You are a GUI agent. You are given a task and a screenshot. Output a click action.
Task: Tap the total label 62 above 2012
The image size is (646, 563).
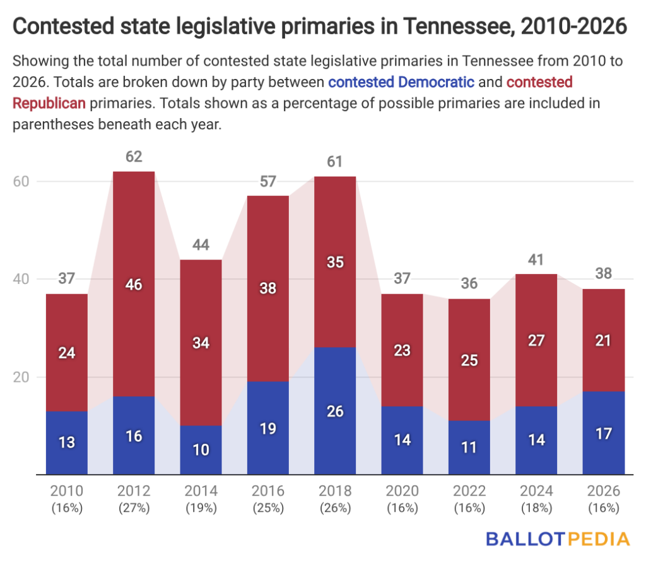pos(134,156)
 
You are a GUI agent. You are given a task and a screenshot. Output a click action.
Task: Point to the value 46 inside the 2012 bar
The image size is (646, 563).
pos(134,285)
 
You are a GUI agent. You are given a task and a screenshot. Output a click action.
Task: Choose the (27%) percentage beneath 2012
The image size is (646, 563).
pos(134,507)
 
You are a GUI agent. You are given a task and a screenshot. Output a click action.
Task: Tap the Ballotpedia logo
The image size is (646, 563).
pos(558,538)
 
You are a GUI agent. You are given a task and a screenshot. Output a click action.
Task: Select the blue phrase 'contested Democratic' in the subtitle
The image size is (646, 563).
pos(401,82)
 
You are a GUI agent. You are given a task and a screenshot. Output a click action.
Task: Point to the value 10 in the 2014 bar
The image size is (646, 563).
pos(201,450)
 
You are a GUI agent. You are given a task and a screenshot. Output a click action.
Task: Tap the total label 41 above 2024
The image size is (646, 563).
pos(536,259)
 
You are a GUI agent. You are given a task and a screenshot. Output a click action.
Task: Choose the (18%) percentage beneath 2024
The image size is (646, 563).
pos(536,507)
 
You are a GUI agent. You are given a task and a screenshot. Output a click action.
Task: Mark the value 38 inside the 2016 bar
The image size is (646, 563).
pos(268,288)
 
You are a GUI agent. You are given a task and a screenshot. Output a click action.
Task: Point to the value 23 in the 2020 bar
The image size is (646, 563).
pos(402,350)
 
